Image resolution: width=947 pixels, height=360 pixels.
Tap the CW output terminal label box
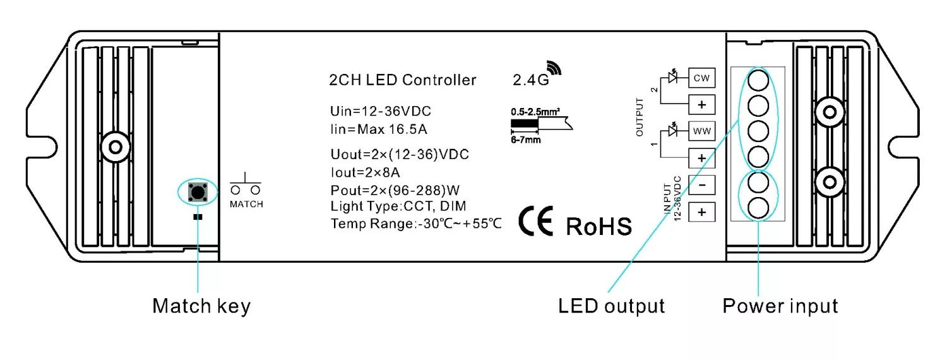click(701, 78)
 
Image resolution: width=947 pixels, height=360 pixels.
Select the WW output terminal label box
click(701, 131)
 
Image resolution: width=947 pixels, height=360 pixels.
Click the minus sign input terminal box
click(701, 184)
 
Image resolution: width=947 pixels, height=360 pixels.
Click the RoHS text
click(599, 226)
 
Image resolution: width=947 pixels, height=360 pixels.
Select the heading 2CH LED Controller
click(403, 80)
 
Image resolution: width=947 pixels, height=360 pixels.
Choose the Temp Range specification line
click(416, 223)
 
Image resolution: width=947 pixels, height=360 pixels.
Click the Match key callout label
click(201, 306)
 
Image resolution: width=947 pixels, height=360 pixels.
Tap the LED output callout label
click(611, 306)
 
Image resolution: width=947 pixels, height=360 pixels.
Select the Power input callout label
click(780, 306)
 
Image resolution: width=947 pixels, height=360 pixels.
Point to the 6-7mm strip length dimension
click(526, 140)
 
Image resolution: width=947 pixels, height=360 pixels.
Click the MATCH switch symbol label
click(246, 205)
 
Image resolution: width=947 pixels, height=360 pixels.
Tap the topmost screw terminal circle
click(758, 81)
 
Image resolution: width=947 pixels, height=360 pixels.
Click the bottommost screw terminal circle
click(758, 208)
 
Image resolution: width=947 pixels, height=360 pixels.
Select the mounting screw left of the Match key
click(114, 147)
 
